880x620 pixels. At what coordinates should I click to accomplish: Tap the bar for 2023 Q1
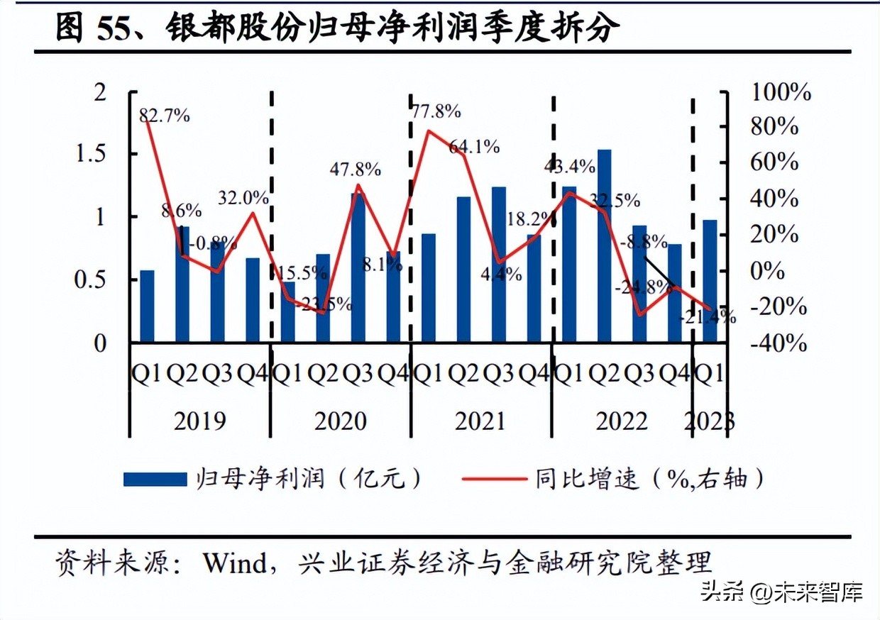pos(710,281)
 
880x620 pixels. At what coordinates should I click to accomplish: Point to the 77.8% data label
pos(436,111)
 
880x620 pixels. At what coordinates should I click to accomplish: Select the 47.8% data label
pos(356,170)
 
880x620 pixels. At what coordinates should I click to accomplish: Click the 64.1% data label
pos(474,148)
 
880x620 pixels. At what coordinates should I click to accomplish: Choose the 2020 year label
pos(341,421)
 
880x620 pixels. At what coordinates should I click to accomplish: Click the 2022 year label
pos(621,421)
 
